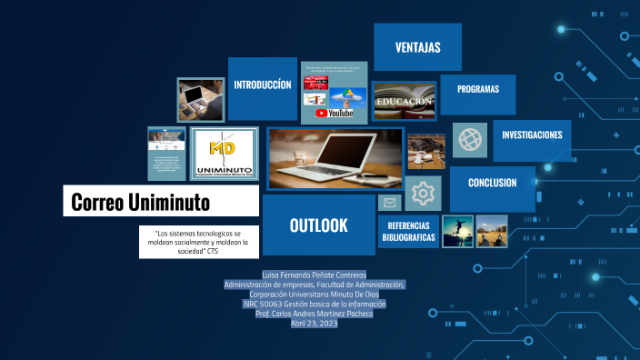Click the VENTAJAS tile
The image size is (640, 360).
click(418, 46)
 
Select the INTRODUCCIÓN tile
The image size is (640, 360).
click(263, 85)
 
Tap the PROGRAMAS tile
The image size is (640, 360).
click(477, 90)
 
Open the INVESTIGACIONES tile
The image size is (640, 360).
click(532, 135)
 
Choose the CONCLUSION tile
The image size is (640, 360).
click(492, 183)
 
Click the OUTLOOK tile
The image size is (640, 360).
click(318, 225)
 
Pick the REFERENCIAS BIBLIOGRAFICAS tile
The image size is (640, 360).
click(409, 232)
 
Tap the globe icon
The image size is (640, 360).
click(470, 139)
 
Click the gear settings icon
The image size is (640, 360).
click(423, 193)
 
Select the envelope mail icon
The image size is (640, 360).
click(389, 203)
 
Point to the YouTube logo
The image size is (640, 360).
click(335, 113)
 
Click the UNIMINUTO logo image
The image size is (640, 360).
click(224, 153)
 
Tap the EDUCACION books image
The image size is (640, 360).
click(404, 101)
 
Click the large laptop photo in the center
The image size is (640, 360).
click(334, 158)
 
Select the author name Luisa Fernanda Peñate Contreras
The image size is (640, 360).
click(314, 275)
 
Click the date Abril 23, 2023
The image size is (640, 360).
click(314, 324)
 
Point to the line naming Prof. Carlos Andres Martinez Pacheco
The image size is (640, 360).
click(314, 314)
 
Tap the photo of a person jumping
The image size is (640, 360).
click(457, 231)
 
